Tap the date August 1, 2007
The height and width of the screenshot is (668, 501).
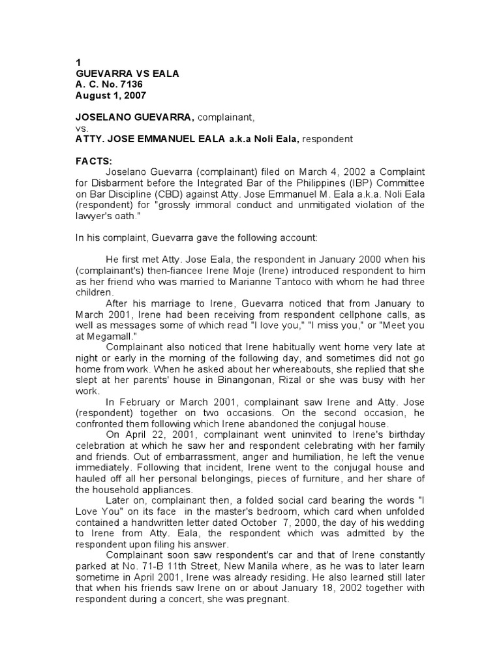112,95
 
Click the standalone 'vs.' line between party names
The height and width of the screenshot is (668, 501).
83,129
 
